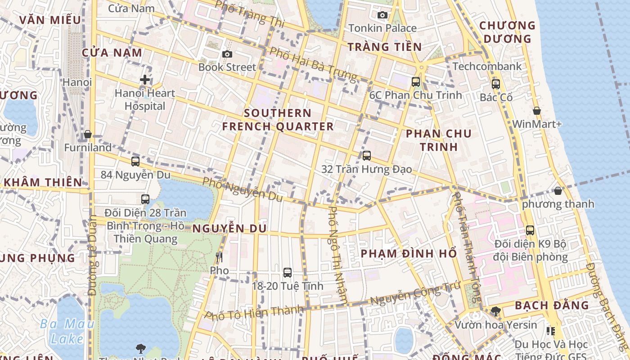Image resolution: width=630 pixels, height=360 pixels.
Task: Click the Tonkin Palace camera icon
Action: coord(382,15)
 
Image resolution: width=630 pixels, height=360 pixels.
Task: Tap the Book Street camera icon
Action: coord(227,54)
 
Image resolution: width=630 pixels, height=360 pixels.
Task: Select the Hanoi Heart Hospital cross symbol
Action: coord(144,80)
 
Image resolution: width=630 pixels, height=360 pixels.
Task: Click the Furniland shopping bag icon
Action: coord(88,135)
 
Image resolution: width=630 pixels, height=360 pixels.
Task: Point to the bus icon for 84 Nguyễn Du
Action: coord(135,162)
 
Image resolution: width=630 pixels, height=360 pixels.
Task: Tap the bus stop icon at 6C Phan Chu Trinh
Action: coord(416,82)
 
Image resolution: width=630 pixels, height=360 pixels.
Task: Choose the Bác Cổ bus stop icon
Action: coord(496,84)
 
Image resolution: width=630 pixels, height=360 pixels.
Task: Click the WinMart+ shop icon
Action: coord(536,111)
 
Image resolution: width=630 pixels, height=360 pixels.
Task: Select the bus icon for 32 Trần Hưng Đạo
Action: coord(367,156)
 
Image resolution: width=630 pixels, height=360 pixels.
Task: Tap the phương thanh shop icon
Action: coord(558,191)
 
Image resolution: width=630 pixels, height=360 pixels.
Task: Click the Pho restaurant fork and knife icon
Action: coord(219,257)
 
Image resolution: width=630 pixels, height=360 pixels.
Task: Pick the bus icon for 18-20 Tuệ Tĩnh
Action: coord(288,272)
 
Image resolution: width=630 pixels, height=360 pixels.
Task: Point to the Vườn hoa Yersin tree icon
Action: coord(495,311)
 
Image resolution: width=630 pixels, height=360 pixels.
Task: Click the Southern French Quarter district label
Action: coord(278,120)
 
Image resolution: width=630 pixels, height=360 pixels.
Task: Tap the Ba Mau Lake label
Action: coord(67,331)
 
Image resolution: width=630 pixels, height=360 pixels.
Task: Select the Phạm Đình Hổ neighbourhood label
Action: coord(409,253)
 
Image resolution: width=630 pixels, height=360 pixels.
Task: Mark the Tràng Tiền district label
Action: coord(385,47)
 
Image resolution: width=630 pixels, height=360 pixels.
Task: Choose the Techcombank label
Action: coord(487,67)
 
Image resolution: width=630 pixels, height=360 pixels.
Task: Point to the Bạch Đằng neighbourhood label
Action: coord(552,305)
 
